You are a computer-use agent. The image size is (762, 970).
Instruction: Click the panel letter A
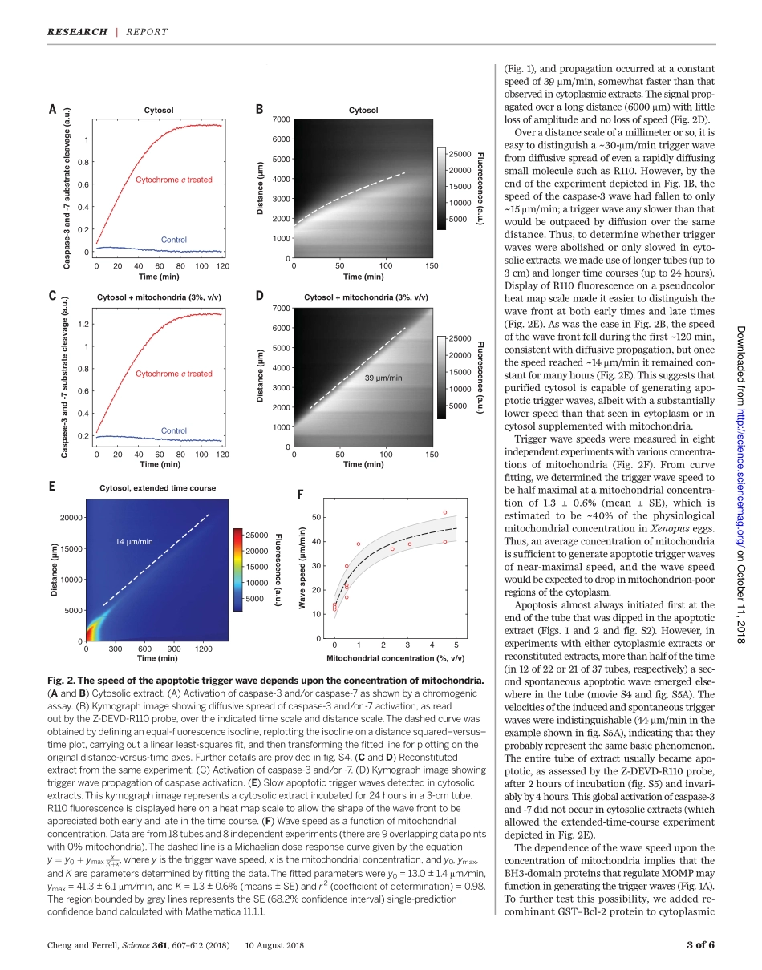coord(52,110)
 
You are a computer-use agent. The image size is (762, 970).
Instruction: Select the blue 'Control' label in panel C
coord(174,430)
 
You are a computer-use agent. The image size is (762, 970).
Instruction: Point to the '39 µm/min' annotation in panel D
coord(383,377)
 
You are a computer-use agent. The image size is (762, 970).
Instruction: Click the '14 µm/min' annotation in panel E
coord(134,542)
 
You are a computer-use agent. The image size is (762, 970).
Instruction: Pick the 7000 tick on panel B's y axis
coord(280,119)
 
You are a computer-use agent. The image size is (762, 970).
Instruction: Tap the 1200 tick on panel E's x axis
coord(203,649)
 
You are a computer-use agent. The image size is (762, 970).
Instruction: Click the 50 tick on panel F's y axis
coord(317,517)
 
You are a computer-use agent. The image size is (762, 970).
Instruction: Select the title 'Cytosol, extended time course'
coord(157,487)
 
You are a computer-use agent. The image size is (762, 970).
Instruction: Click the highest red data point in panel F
coord(445,512)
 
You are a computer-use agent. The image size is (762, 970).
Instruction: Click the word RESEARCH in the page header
coord(77,32)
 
